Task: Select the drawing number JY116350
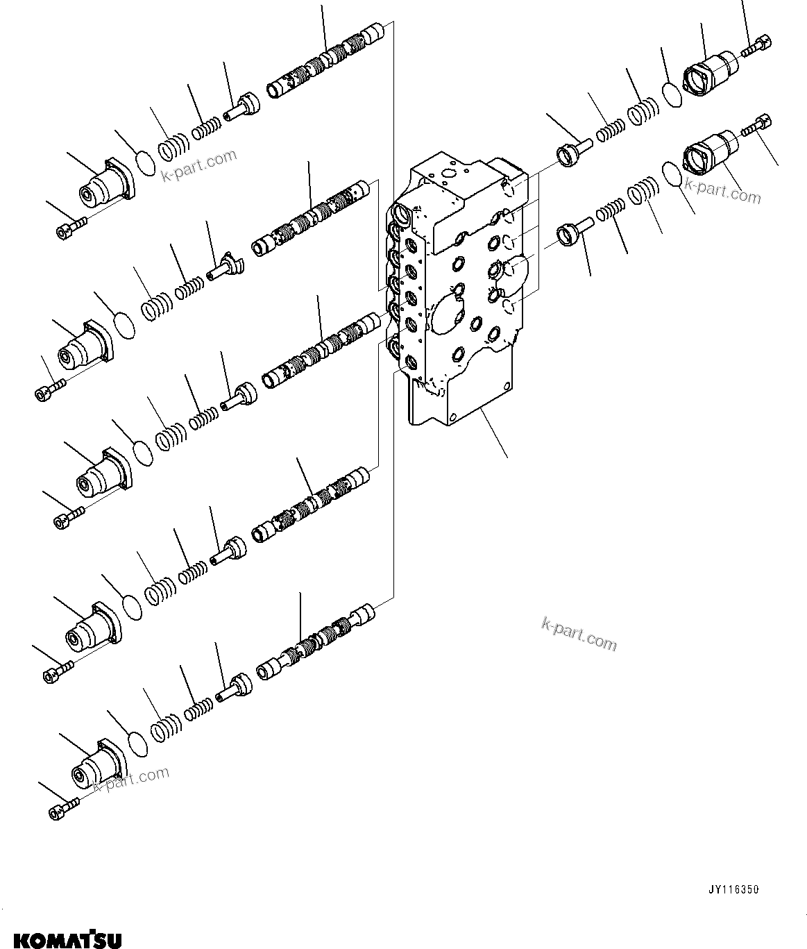point(733,889)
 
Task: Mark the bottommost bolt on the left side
point(64,808)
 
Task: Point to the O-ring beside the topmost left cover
point(146,164)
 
